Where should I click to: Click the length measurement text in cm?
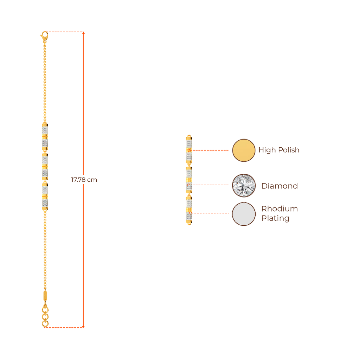coord(84,180)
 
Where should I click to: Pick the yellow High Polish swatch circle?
coord(244,150)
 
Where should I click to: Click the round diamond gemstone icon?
coord(244,185)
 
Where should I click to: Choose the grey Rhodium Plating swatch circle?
coord(244,213)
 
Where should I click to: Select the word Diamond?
coord(279,186)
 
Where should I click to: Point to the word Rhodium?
coord(279,209)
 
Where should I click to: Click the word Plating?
coord(275,218)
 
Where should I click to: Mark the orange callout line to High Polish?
coord(211,150)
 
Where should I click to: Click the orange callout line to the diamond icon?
coord(211,185)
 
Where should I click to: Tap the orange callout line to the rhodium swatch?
coord(211,213)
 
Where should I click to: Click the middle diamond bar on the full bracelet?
coord(45,166)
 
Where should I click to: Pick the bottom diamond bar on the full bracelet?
coord(45,196)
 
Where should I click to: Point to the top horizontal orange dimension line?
coord(65,32)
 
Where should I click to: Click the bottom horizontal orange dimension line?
coord(65,327)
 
